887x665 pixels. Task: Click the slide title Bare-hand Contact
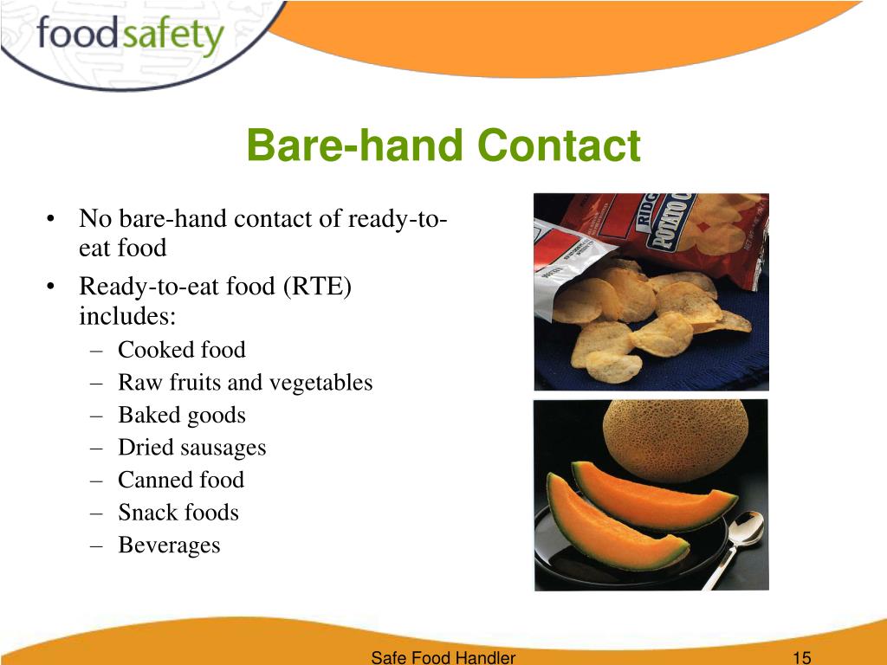[x=443, y=145]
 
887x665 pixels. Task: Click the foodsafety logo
[x=130, y=36]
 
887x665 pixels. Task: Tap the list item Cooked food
[x=181, y=350]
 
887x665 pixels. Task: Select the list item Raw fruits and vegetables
[x=245, y=383]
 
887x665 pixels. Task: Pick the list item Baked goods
[x=181, y=416]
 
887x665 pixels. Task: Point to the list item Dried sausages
[x=191, y=448]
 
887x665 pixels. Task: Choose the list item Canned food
[x=180, y=480]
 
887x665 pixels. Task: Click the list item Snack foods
[x=178, y=513]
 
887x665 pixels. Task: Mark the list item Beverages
[x=169, y=546]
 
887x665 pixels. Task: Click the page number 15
[x=801, y=657]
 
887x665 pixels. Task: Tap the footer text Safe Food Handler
[x=443, y=657]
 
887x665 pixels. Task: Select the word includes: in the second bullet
[x=127, y=316]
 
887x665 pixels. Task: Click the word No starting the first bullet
[x=94, y=219]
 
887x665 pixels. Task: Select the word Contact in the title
[x=559, y=145]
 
